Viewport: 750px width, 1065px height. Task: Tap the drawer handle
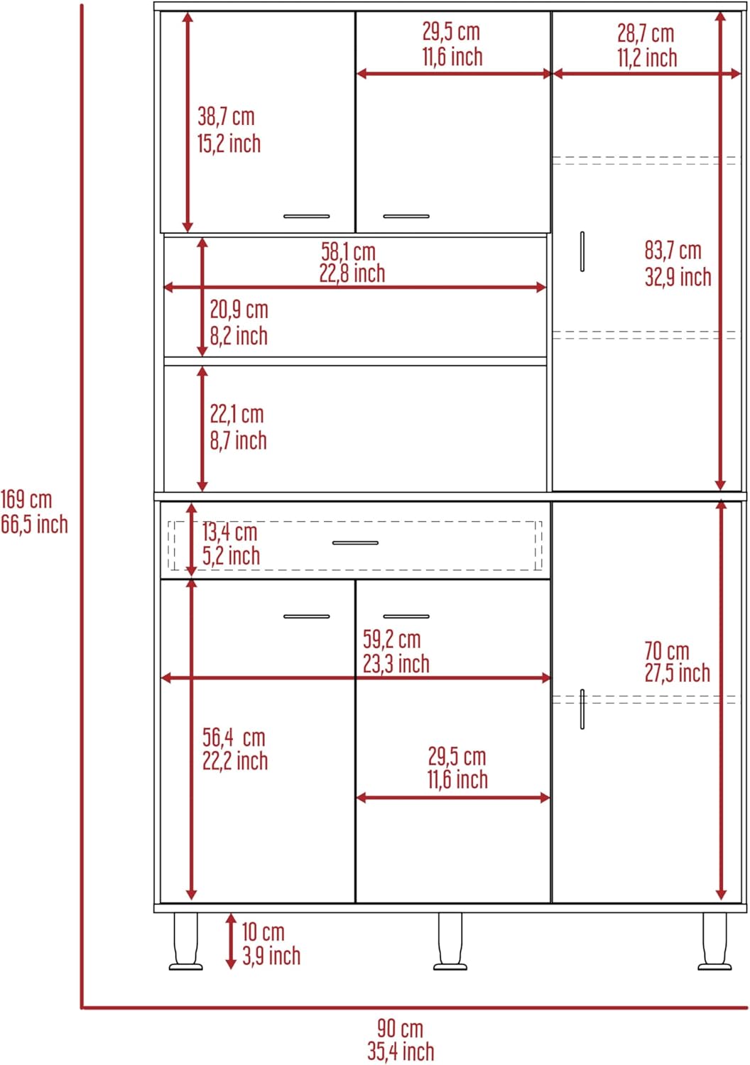355,543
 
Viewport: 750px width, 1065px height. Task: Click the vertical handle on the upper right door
582,251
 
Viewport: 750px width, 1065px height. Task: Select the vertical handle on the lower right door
582,709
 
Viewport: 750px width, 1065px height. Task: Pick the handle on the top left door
306,216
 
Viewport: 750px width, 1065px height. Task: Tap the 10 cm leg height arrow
231,941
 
